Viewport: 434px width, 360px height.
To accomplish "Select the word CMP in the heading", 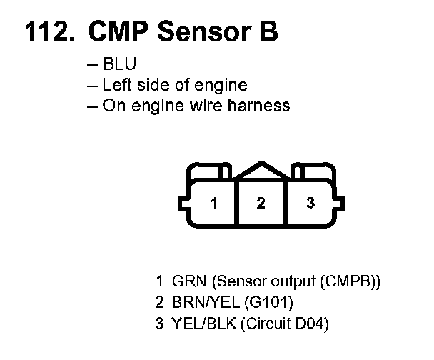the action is click(x=118, y=31).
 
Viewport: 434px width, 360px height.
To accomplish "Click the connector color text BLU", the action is click(x=120, y=64).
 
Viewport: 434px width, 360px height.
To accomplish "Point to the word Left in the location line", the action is click(x=117, y=85).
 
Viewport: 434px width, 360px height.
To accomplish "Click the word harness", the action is click(x=258, y=106).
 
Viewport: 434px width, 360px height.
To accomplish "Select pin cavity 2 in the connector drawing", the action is click(x=261, y=203).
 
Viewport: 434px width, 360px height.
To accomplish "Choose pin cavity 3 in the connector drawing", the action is click(x=311, y=203).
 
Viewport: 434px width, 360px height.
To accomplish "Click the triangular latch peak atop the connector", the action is click(x=261, y=162).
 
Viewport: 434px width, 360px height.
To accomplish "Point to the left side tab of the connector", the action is click(x=183, y=203).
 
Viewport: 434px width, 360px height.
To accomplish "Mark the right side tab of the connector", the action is click(x=339, y=203).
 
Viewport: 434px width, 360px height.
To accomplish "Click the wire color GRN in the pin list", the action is click(x=189, y=281).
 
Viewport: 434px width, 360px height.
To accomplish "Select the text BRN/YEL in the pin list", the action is click(x=206, y=302).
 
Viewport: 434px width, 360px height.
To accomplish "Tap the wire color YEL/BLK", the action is click(x=204, y=323).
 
